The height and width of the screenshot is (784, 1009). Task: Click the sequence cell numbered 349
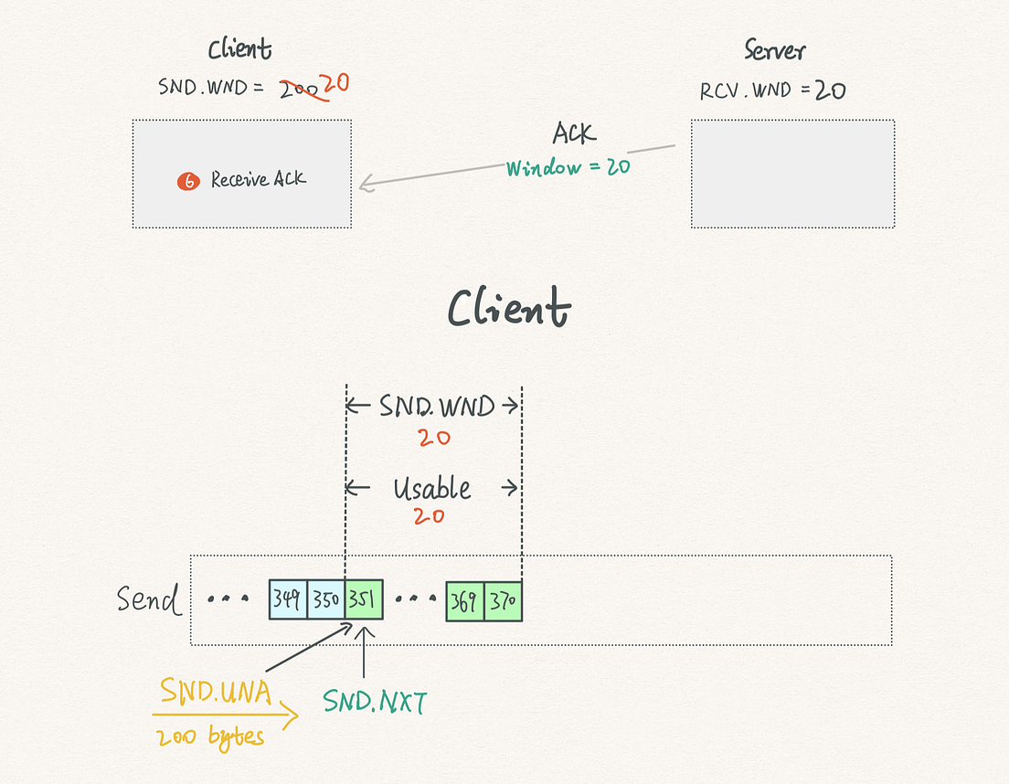coord(288,599)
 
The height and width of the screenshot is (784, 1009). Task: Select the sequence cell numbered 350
coord(326,599)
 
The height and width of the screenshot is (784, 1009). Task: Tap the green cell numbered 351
coord(365,599)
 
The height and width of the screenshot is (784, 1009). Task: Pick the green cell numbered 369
coord(464,601)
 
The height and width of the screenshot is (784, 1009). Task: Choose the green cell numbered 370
coord(504,601)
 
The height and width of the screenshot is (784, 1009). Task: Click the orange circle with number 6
coord(188,181)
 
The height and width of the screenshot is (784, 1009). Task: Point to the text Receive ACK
coord(259,178)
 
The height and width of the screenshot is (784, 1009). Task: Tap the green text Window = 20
coord(568,167)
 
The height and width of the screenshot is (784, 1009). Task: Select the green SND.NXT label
coord(375,701)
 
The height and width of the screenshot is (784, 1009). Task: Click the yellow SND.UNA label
coord(216,692)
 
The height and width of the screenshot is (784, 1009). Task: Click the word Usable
coord(431,488)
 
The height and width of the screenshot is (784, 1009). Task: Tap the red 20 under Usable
coord(430,515)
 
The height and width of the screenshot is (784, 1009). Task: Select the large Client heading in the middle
coord(509,307)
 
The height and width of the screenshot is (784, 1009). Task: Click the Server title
coord(775,50)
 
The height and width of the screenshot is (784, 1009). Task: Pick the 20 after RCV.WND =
coord(830,90)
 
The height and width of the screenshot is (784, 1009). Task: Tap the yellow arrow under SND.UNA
coord(225,715)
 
